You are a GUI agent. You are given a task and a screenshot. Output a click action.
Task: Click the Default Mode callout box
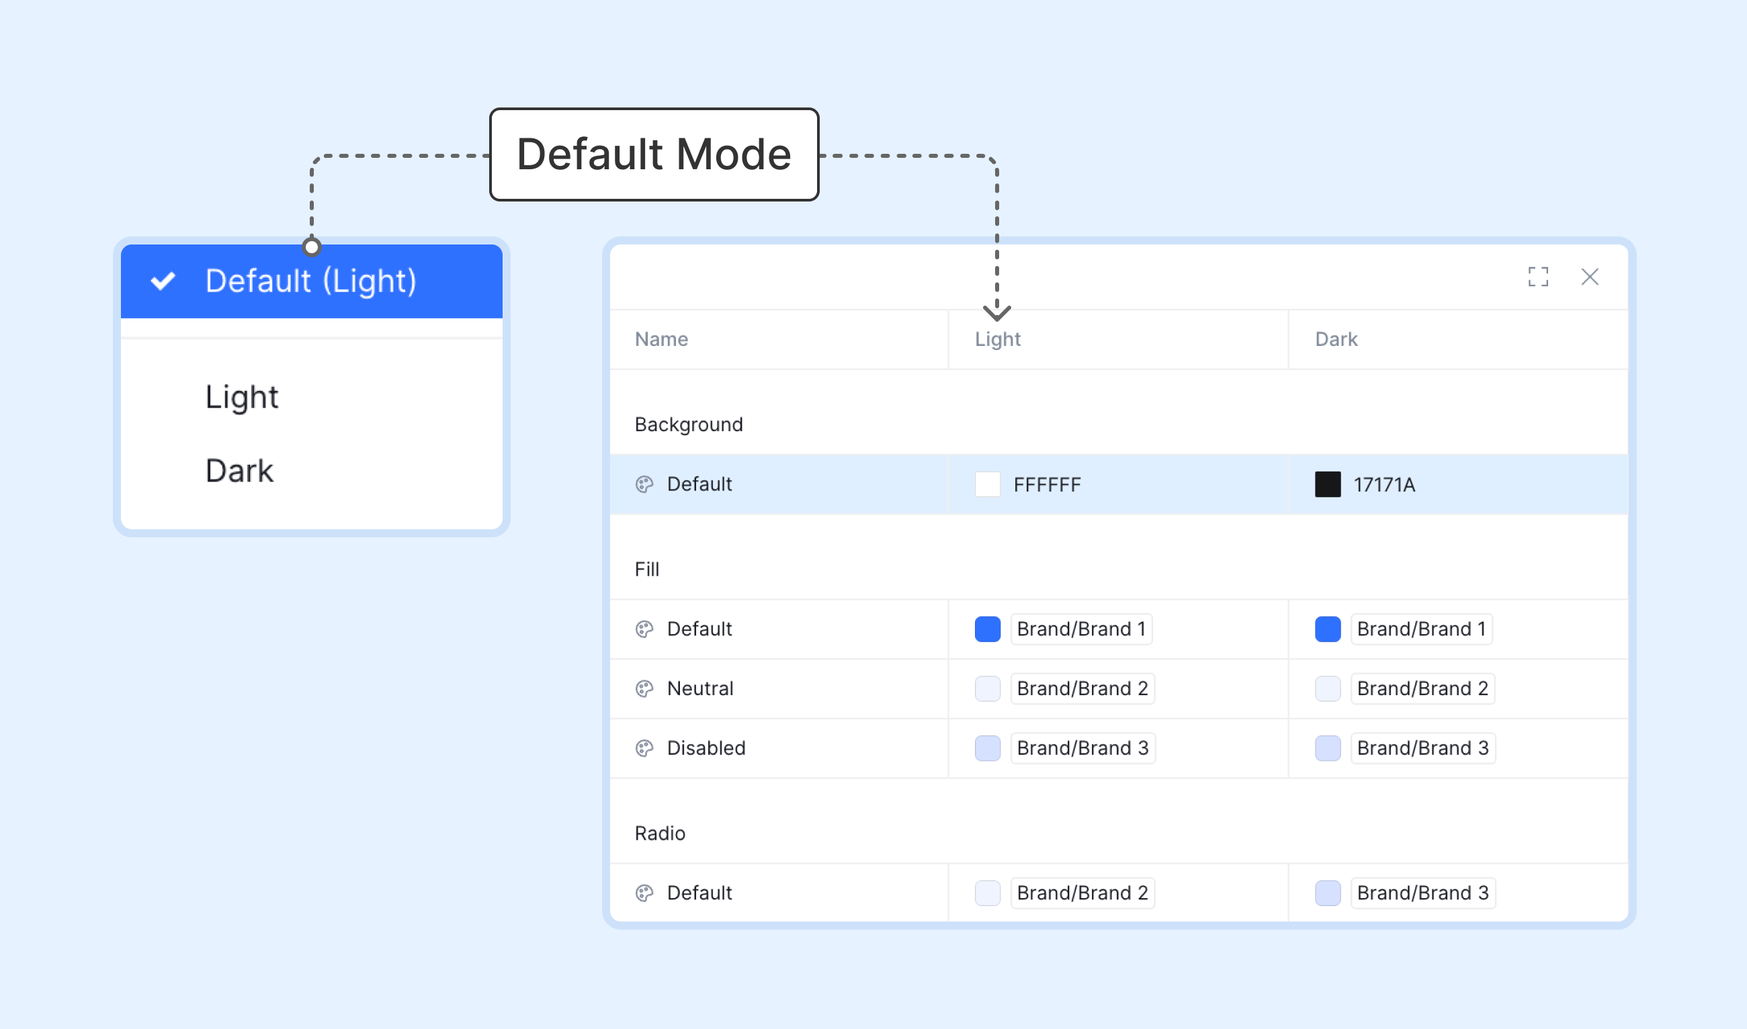(x=654, y=154)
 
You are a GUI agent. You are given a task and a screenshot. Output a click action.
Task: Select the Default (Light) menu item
(x=311, y=281)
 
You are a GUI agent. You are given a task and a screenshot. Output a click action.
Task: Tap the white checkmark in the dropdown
(x=163, y=281)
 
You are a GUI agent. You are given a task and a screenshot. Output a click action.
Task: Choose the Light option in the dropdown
(x=241, y=398)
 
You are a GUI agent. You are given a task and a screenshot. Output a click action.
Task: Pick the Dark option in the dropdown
(x=239, y=471)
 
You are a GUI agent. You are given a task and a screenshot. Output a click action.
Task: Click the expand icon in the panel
(x=1538, y=277)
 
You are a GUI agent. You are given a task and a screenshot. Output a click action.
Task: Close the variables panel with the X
(x=1590, y=277)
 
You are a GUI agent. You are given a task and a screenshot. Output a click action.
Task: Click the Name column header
(x=661, y=339)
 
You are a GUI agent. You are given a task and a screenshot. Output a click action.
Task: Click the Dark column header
(x=1336, y=339)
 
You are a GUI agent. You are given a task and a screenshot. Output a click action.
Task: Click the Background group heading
(x=689, y=424)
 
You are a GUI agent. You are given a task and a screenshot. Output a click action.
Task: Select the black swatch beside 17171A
(x=1328, y=484)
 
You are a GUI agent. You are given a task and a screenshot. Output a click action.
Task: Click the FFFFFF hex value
(x=1048, y=485)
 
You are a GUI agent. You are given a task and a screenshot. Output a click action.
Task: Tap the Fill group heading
(x=647, y=570)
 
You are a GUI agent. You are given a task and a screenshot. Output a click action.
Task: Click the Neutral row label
(x=699, y=688)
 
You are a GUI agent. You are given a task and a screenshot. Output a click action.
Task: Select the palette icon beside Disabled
(x=644, y=748)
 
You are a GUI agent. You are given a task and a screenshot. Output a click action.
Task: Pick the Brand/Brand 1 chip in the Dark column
(x=1421, y=629)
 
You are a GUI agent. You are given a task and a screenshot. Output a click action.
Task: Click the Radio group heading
(x=660, y=834)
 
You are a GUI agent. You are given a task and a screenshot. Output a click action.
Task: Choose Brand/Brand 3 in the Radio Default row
(x=1422, y=893)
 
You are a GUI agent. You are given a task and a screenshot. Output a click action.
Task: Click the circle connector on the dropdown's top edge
(x=311, y=247)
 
